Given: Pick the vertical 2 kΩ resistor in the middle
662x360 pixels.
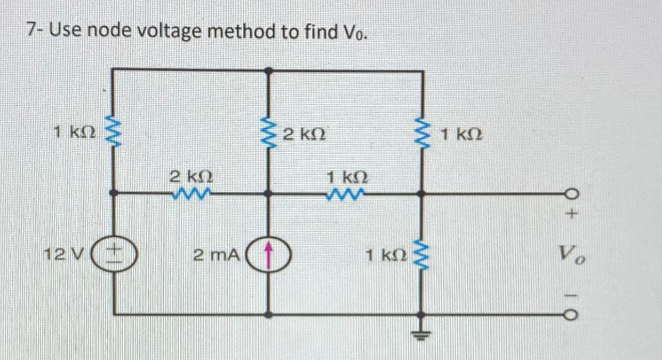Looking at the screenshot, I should click(269, 134).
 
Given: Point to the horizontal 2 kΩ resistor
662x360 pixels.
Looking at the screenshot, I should click(191, 192).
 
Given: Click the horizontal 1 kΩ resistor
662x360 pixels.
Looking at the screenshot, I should click(347, 192).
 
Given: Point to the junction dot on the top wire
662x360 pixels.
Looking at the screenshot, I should click(269, 69).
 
